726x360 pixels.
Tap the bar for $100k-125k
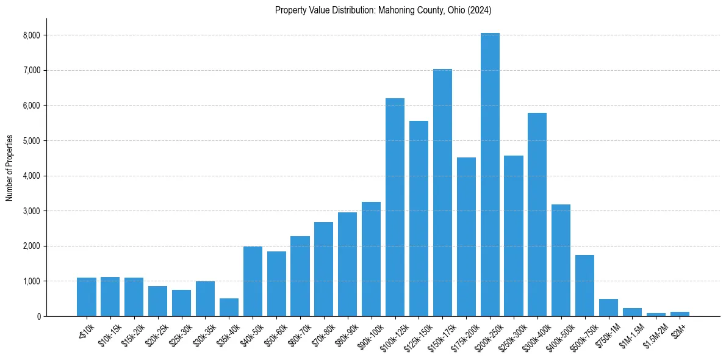[395, 207]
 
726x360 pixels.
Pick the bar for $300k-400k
[537, 214]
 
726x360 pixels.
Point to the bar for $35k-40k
[229, 307]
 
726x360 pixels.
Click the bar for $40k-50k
[253, 281]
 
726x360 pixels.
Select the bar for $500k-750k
[584, 286]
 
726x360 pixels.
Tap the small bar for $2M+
[680, 314]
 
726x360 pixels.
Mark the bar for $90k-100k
[371, 259]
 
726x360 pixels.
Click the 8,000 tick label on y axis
[31, 35]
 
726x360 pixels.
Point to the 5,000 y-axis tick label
[31, 141]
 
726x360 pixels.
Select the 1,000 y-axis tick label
[31, 281]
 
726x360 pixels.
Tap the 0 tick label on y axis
[38, 317]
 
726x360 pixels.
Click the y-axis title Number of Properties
[10, 168]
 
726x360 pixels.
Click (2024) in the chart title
[480, 10]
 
